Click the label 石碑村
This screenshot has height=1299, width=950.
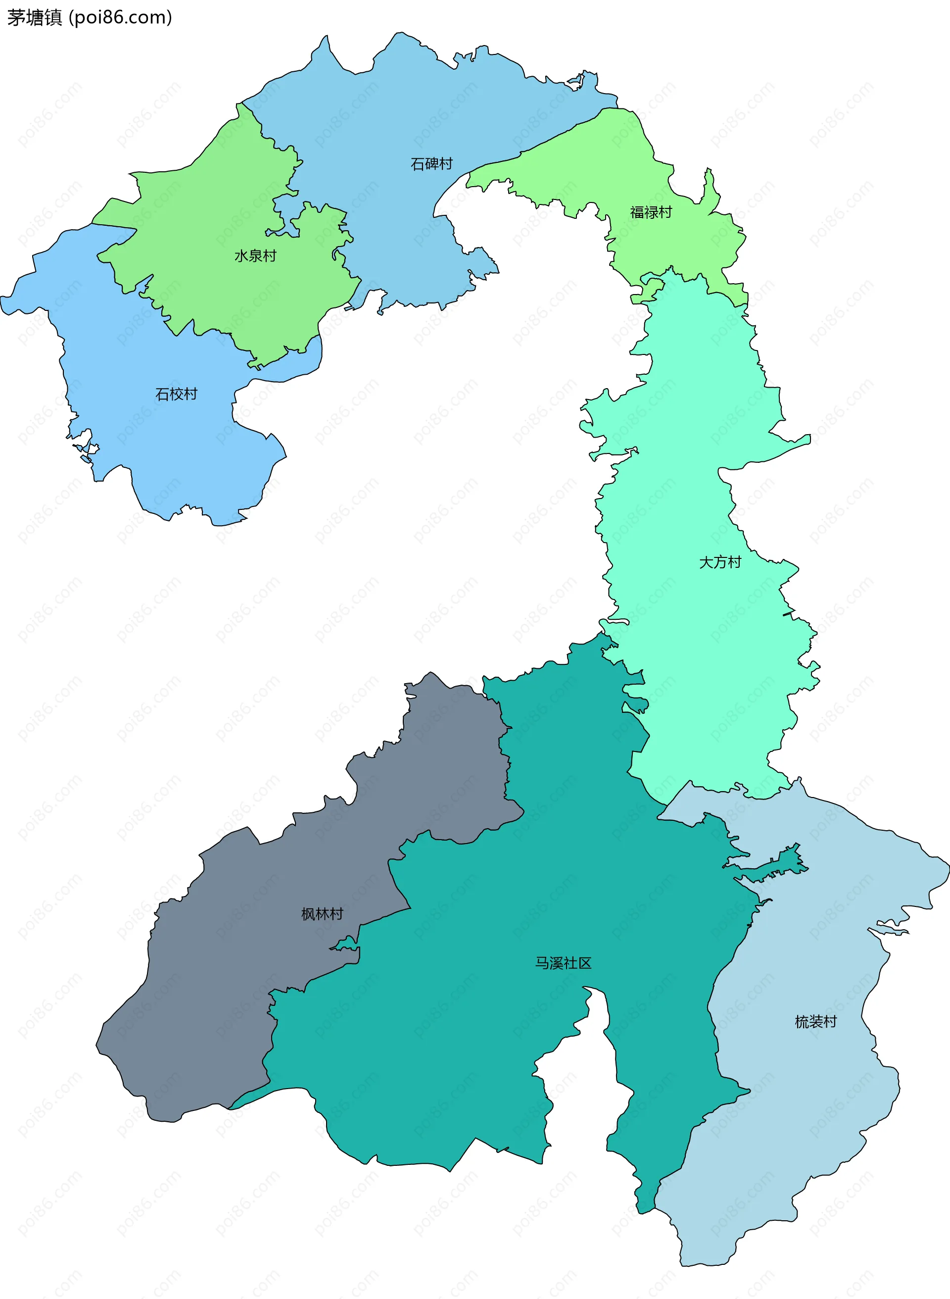pos(431,164)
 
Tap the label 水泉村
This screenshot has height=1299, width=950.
pos(255,255)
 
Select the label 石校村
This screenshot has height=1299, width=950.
pos(176,394)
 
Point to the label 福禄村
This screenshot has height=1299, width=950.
pos(650,212)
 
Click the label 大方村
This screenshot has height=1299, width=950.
pos(720,562)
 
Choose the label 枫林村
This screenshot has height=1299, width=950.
pos(322,913)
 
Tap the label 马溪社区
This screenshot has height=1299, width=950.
pos(563,963)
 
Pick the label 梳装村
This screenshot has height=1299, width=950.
pos(815,1022)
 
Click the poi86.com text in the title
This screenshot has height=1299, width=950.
pos(121,18)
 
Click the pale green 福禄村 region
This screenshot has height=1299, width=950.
pos(604,167)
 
